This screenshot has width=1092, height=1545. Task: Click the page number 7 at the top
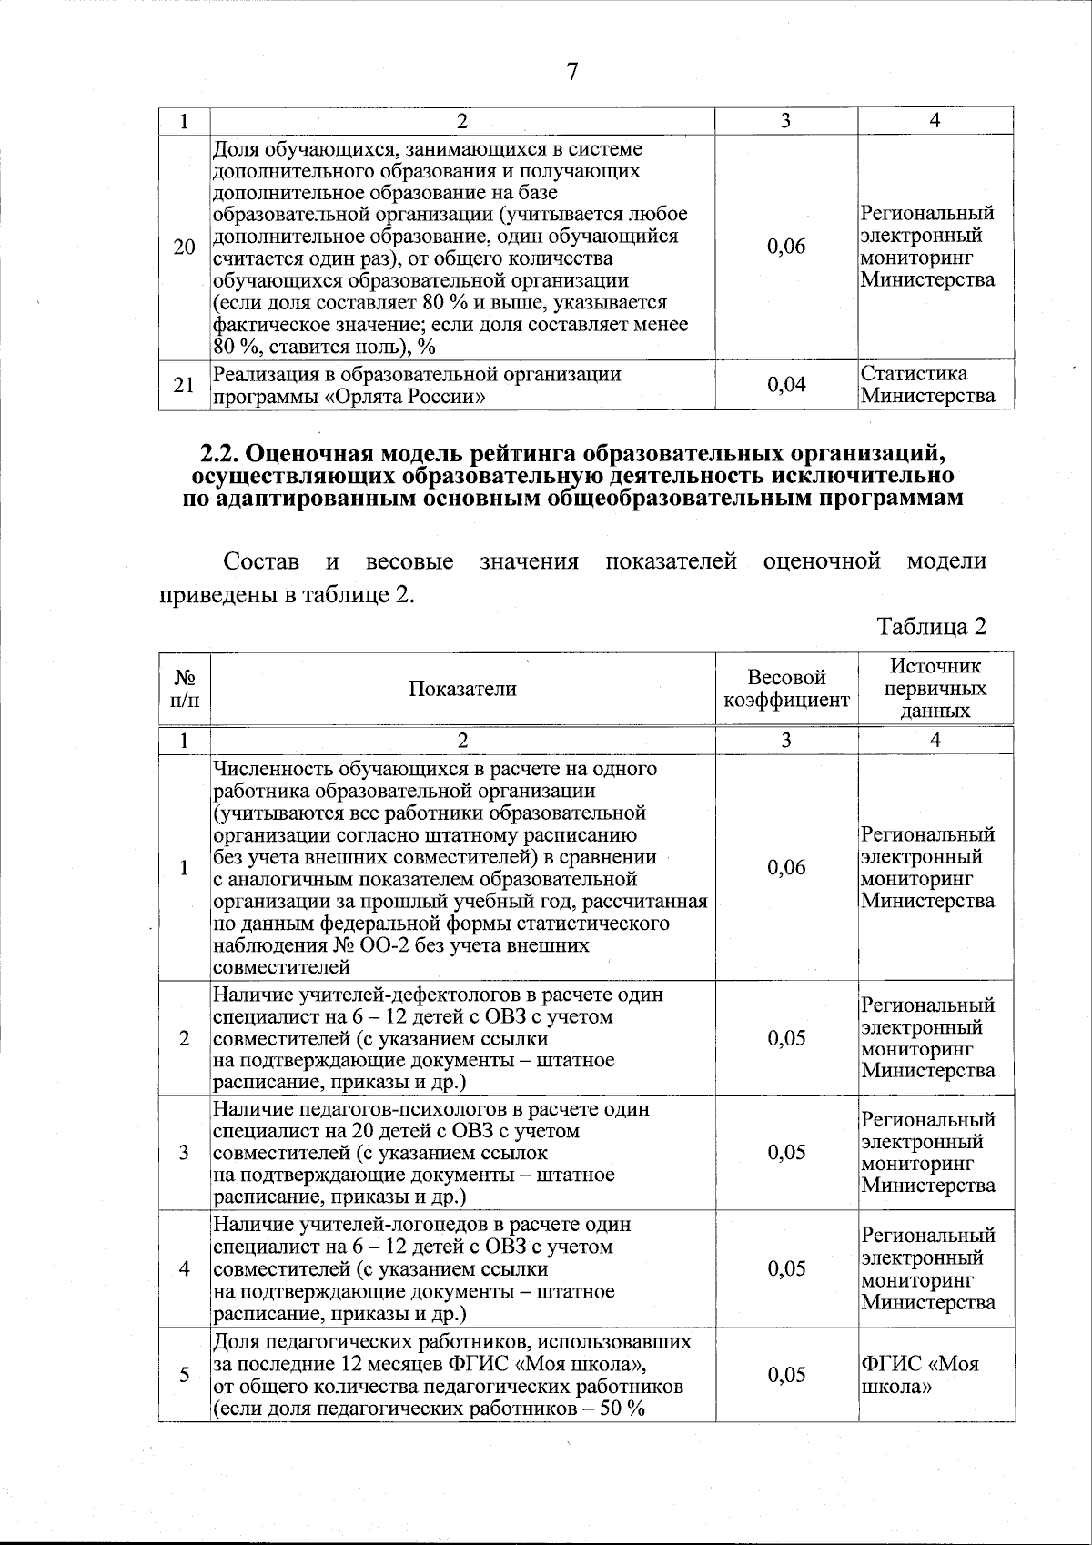[x=571, y=72]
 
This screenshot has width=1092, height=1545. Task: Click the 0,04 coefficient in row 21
[x=786, y=385]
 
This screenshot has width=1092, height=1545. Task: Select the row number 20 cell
[x=184, y=247]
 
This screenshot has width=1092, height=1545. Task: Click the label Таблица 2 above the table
[x=931, y=626]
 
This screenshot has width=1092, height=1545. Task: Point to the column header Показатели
[x=462, y=689]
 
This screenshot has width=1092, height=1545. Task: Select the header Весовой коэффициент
[x=786, y=689]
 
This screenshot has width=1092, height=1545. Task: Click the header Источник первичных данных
[x=935, y=689]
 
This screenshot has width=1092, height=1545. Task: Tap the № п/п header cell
[x=185, y=689]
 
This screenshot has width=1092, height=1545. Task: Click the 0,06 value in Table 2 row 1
[x=786, y=867]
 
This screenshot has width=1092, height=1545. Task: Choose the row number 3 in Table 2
[x=185, y=1153]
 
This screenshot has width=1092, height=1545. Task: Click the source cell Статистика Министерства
[x=928, y=385]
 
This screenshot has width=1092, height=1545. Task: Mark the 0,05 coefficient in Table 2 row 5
[x=786, y=1375]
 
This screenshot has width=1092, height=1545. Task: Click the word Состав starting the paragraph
[x=261, y=561]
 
